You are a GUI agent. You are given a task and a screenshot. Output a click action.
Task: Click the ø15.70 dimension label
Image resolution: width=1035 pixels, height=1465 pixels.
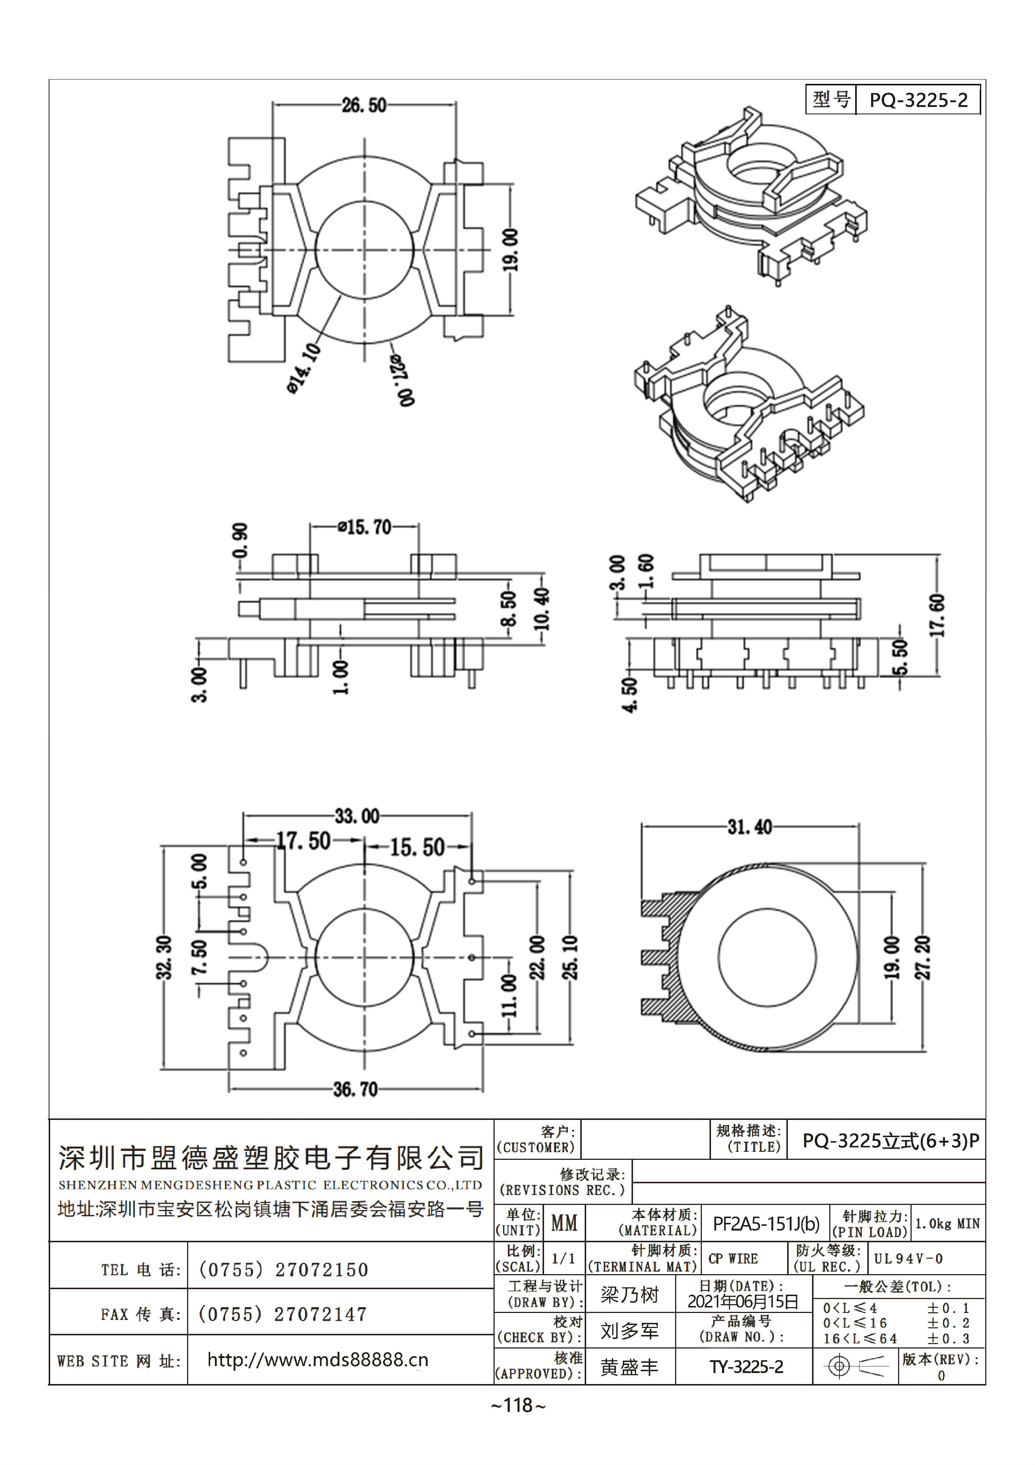pos(364,527)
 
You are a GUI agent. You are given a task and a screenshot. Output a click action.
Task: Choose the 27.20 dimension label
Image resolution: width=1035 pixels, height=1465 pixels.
pos(923,957)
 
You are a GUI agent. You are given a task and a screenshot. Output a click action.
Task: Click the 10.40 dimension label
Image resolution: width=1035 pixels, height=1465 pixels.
pos(542,609)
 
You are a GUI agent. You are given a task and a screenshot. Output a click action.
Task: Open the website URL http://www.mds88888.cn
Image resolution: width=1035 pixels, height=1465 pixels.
pos(317,1360)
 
